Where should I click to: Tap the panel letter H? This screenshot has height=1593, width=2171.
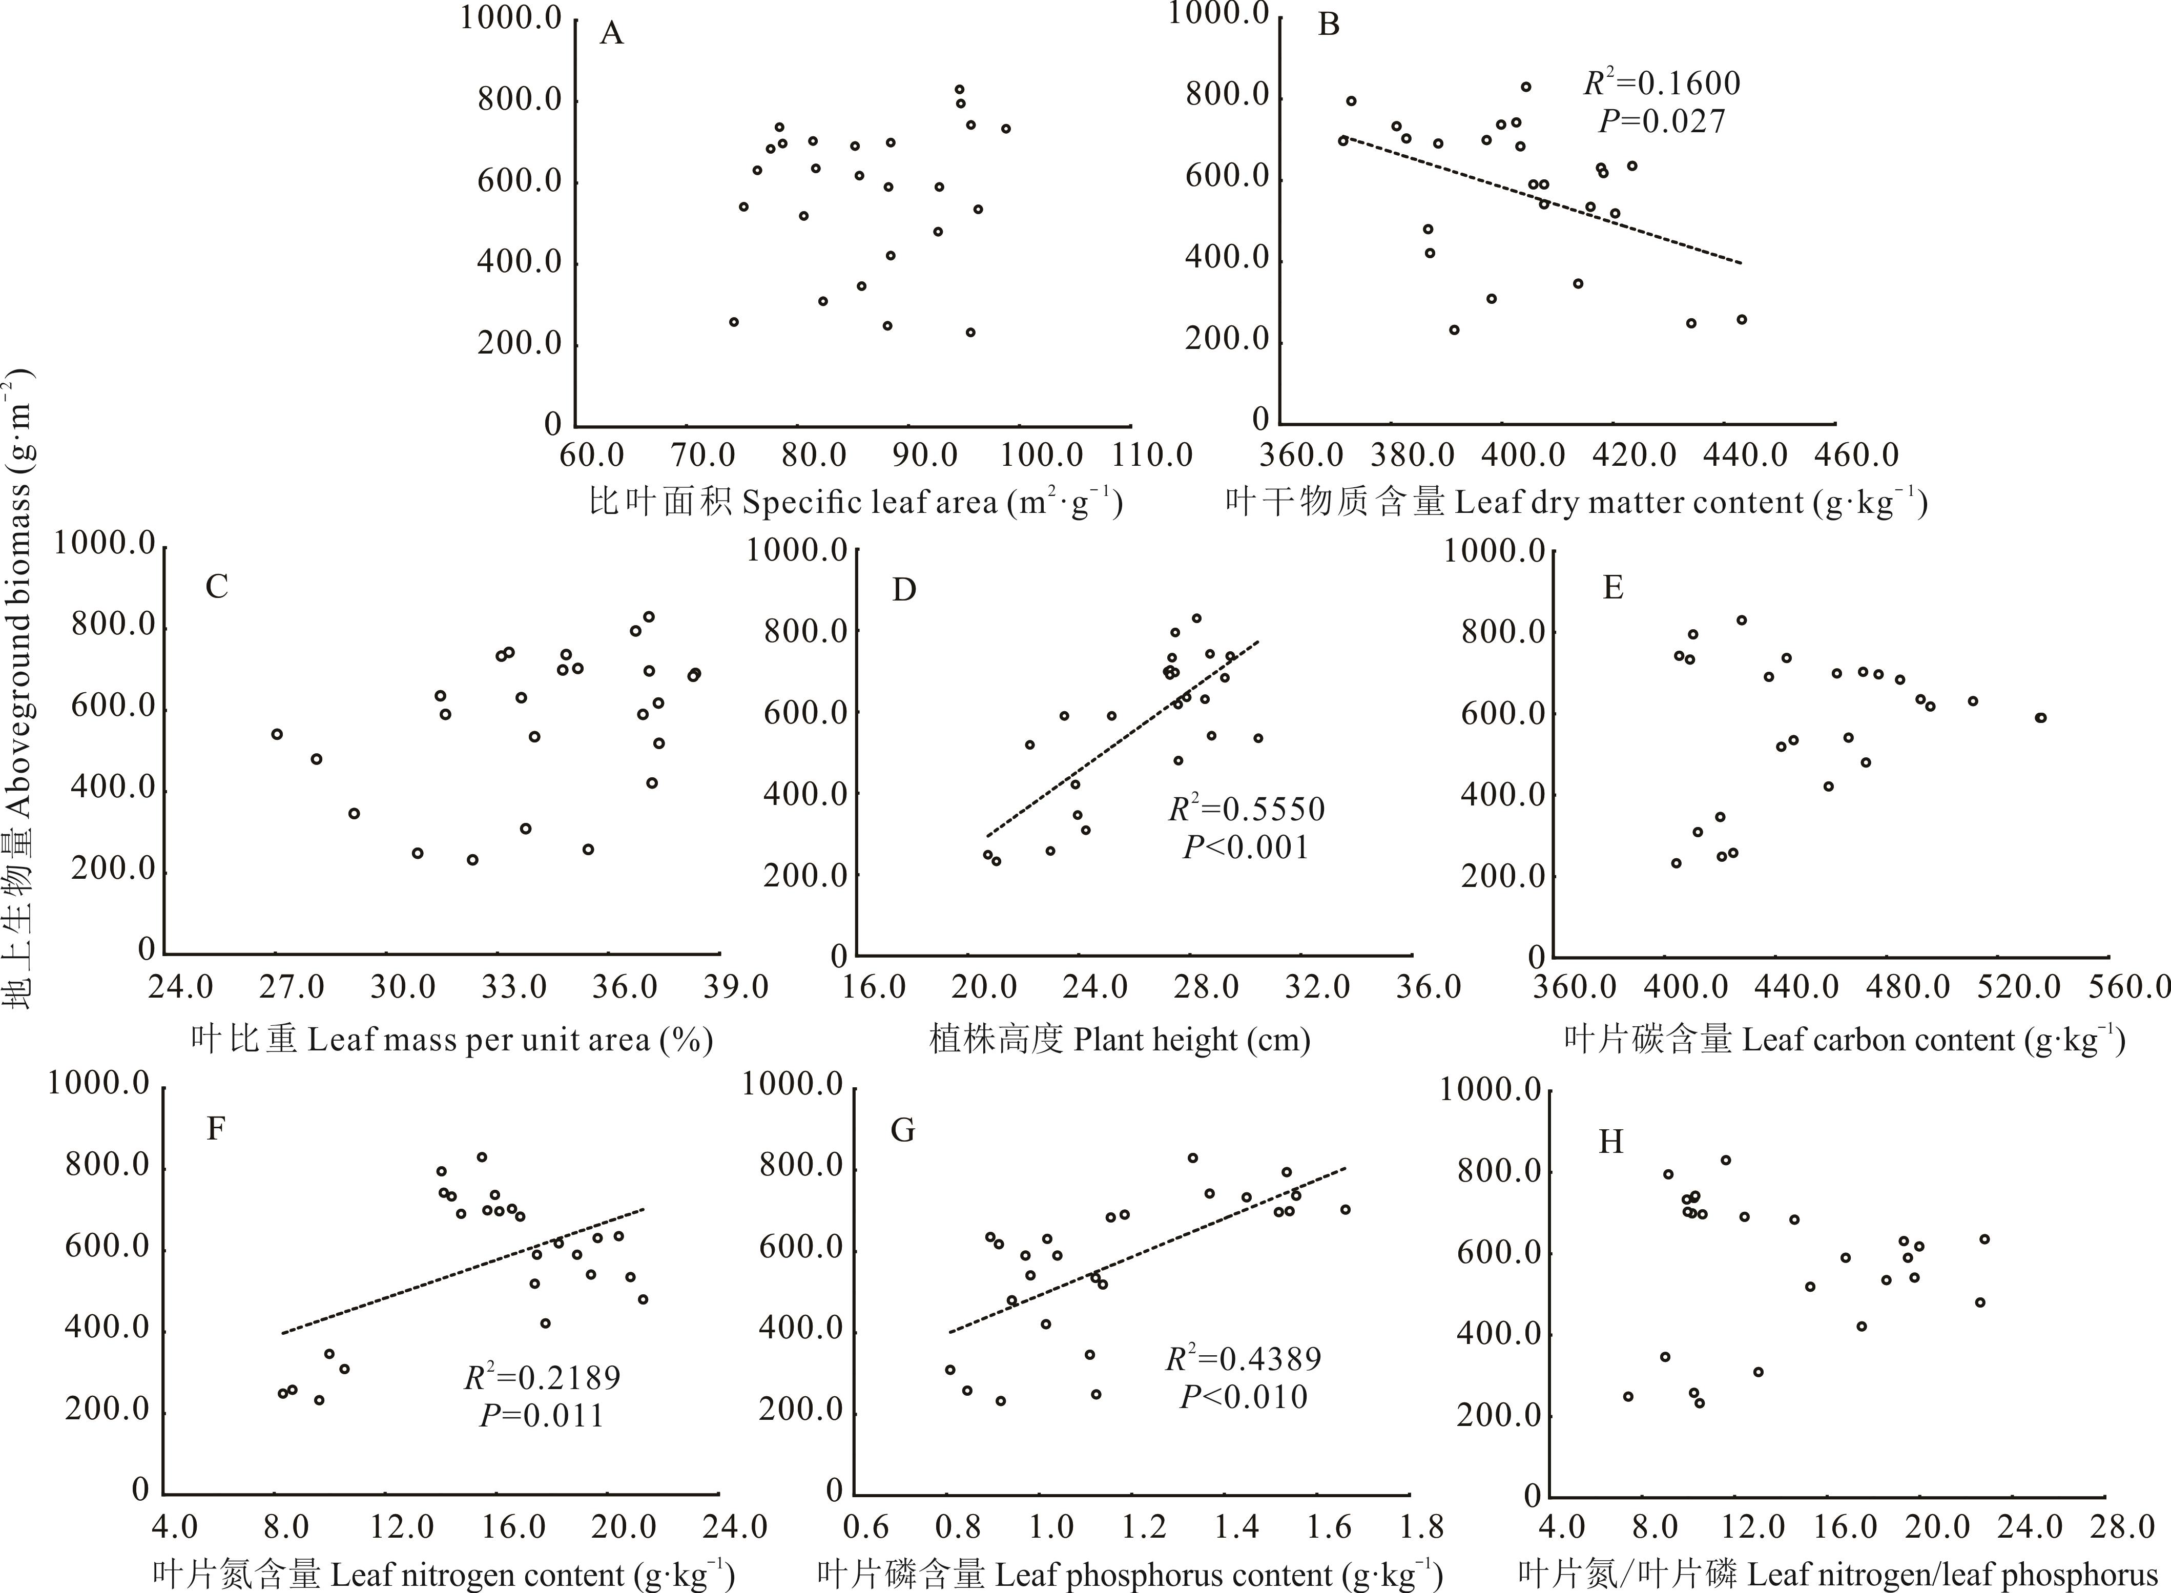click(1611, 1142)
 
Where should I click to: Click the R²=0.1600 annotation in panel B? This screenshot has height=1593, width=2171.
click(1662, 84)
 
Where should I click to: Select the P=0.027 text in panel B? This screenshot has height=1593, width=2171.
click(1662, 121)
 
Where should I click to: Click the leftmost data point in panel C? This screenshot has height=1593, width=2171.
click(277, 734)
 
